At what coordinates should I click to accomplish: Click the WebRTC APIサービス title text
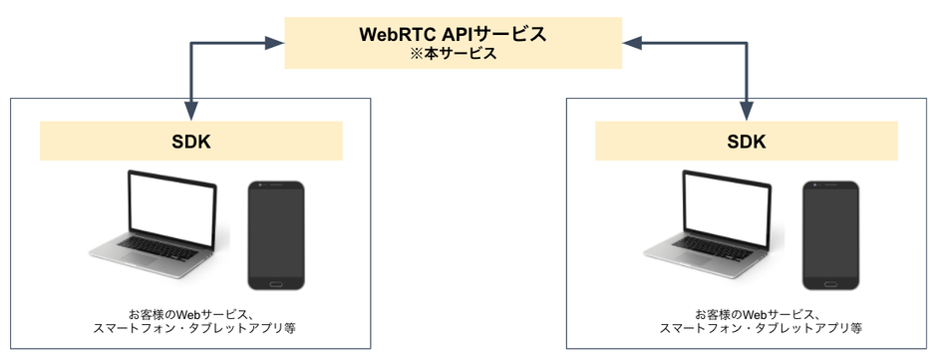[x=454, y=33]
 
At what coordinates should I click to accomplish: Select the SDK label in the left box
[x=190, y=141]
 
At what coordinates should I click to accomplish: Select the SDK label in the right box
[x=746, y=141]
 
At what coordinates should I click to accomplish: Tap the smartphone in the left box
[x=276, y=235]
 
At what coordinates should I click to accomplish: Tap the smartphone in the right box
[x=831, y=235]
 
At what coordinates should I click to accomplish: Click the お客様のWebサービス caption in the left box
[x=190, y=311]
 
